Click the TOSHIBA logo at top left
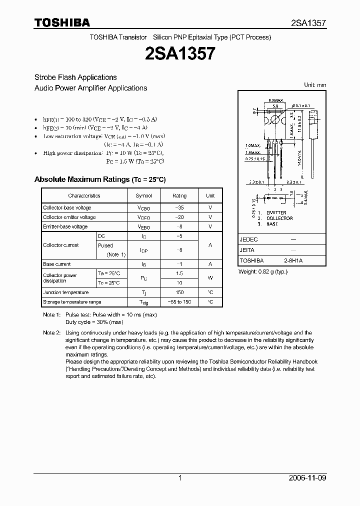coord(62,22)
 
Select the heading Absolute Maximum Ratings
coord(99,179)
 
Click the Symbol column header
coord(144,196)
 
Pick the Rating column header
coord(179,196)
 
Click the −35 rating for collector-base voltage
coord(179,207)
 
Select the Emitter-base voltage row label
coord(65,226)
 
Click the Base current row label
coord(57,264)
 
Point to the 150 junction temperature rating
coord(179,292)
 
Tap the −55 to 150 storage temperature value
coord(179,302)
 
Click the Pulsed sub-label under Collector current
coord(105,245)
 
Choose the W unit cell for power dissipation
coord(210,278)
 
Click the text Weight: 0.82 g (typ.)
coord(263,271)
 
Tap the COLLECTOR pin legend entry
coord(279,218)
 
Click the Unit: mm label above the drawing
coord(315,85)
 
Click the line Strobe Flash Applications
coord(75,77)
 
